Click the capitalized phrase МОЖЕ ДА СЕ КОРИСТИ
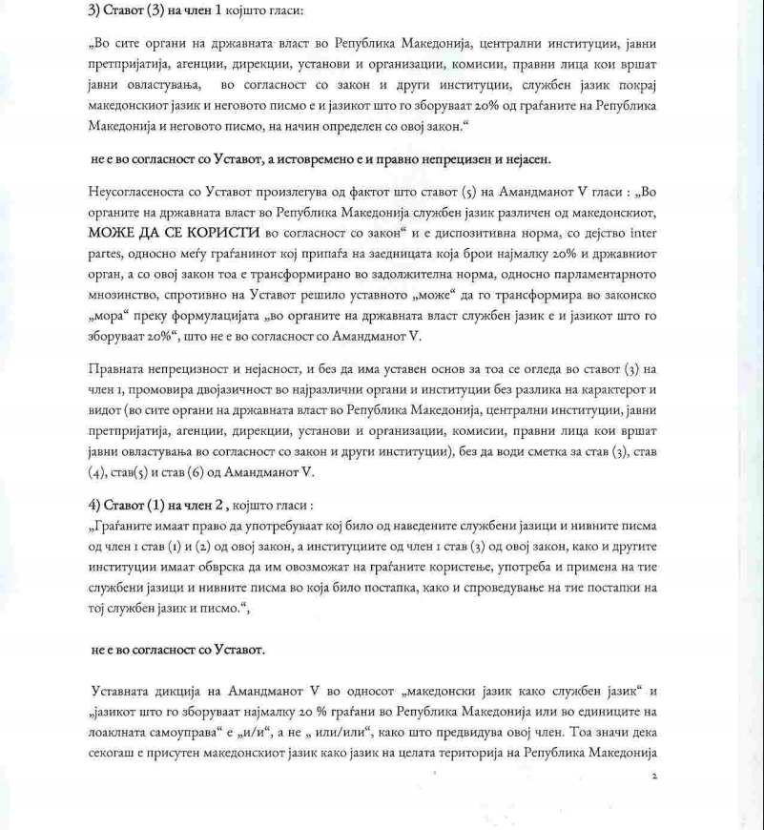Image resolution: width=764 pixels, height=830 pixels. pyautogui.click(x=174, y=232)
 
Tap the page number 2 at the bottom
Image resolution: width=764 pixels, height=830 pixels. pyautogui.click(x=654, y=777)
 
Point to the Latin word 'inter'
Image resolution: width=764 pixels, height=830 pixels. pyautogui.click(x=640, y=232)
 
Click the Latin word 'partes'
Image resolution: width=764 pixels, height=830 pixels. pyautogui.click(x=108, y=253)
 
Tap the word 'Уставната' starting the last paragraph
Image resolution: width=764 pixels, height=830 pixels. pyautogui.click(x=126, y=690)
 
